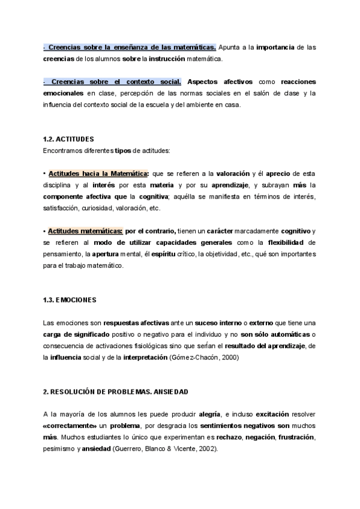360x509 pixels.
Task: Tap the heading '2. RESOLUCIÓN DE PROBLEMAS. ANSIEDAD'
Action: [116, 392]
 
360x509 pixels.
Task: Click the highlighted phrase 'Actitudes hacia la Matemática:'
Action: [98, 173]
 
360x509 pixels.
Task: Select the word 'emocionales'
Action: [64, 93]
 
